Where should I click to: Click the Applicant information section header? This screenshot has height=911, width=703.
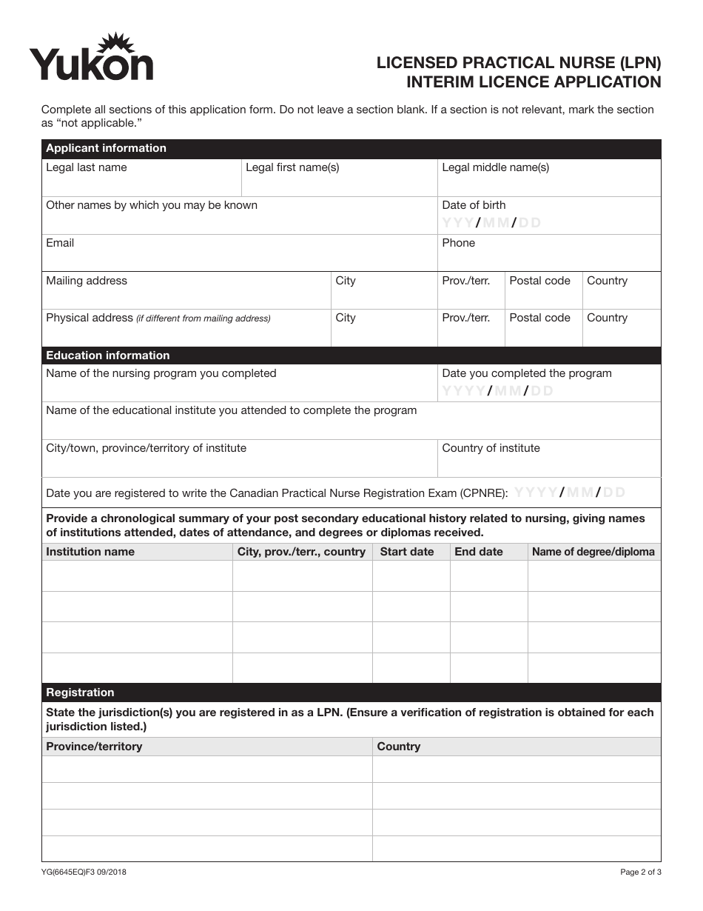pos(106,148)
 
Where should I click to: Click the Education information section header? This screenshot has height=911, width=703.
pos(108,356)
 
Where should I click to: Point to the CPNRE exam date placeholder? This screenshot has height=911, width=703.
pos(570,493)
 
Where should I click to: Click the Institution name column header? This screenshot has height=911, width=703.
pos(90,552)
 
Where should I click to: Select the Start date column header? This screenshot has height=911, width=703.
pos(406,552)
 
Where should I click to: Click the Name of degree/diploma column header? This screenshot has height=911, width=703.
pos(593,552)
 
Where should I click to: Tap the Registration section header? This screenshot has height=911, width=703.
pos(80,693)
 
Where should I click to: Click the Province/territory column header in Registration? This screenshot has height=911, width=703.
pos(94,747)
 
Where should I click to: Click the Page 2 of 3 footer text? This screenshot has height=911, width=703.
pos(640,872)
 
